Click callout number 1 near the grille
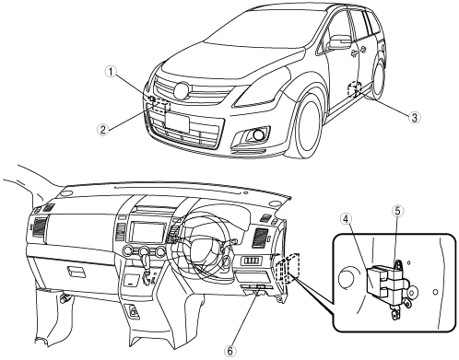(x=111, y=72)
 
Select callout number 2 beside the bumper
(x=102, y=129)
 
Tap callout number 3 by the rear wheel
(x=414, y=117)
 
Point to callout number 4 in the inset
(x=346, y=219)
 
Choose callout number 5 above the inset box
(x=397, y=211)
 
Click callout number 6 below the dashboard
(x=231, y=351)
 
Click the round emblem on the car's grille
(x=182, y=91)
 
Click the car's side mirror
(x=339, y=42)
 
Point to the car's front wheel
(x=308, y=127)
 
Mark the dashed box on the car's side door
(x=353, y=89)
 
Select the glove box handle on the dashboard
(x=76, y=273)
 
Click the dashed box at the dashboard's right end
(x=288, y=268)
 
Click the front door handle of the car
(x=355, y=52)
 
